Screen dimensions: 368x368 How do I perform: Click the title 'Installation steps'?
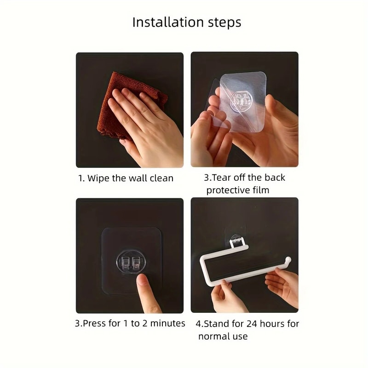point(186,22)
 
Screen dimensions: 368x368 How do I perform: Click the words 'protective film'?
point(238,190)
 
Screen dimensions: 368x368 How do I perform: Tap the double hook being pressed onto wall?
point(131,263)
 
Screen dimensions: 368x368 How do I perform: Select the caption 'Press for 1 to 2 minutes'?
point(130,323)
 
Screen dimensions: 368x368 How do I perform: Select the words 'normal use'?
point(223,336)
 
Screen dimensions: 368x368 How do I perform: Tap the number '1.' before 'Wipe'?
point(81,178)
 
